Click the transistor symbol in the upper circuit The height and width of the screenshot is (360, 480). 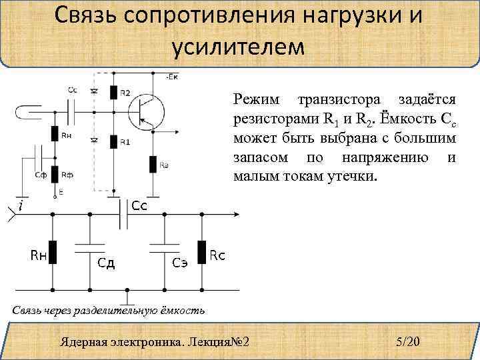147,109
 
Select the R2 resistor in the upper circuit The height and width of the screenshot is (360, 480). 114,93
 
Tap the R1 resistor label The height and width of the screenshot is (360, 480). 125,142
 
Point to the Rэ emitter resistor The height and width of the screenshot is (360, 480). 153,163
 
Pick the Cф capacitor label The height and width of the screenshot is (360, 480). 41,175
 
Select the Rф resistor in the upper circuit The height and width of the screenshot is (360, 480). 55,175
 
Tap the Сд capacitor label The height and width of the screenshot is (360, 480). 107,262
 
